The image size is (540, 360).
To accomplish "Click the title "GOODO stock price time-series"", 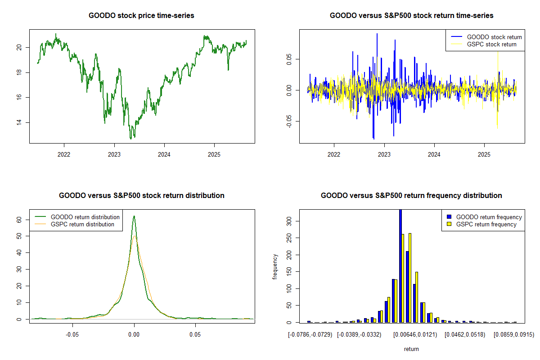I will pyautogui.click(x=142, y=16).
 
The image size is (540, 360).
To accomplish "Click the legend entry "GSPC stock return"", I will pyautogui.click(x=491, y=44).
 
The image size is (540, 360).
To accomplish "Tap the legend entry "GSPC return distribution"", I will pyautogui.click(x=82, y=224).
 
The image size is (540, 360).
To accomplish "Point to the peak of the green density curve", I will pyautogui.click(x=134, y=216).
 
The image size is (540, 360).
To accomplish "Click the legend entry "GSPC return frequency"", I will pyautogui.click(x=486, y=224).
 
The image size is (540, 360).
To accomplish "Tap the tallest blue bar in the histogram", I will pyautogui.click(x=400, y=265).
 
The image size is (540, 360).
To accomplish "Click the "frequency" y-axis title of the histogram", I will pyautogui.click(x=275, y=266).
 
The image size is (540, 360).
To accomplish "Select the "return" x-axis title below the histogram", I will pyautogui.click(x=411, y=349).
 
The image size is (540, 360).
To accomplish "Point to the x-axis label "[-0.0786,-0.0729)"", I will pyautogui.click(x=310, y=335).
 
